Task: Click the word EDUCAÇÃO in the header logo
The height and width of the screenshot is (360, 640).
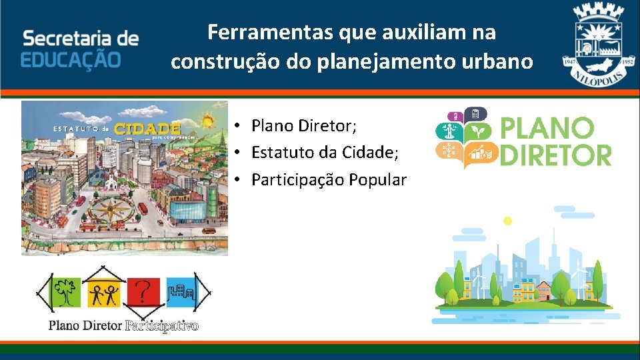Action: (71, 59)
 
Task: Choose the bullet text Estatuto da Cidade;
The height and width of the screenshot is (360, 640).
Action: (325, 153)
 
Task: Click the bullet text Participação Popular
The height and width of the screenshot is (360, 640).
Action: (329, 180)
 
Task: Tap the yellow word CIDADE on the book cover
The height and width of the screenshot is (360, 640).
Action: (147, 128)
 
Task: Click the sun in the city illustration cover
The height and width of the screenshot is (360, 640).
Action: (207, 122)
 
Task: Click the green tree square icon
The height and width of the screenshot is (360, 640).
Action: (65, 292)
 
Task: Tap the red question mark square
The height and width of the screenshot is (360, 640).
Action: (145, 292)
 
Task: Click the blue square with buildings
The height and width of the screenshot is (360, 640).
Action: (181, 292)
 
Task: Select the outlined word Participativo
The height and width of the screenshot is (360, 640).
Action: (162, 326)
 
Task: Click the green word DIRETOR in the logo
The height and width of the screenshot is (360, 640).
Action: (555, 155)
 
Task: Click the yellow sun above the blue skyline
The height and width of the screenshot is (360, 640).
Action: (507, 221)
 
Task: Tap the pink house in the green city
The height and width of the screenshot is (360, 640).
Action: (543, 290)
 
